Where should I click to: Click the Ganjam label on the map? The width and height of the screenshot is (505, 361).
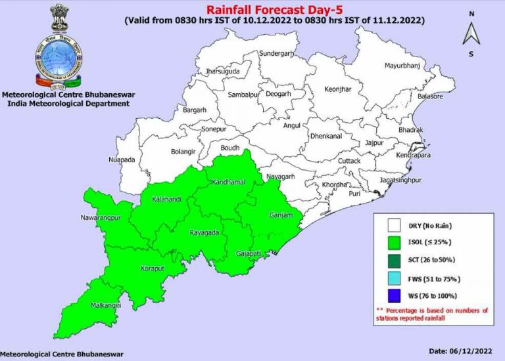[x=279, y=215]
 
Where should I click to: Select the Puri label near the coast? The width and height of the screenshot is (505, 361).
[x=354, y=194]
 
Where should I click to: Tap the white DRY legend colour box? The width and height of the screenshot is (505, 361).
[x=395, y=226]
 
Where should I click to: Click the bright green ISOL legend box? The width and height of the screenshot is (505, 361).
[x=395, y=243]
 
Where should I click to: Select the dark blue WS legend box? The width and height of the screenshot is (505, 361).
[x=395, y=295]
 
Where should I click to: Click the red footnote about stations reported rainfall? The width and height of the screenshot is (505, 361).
[x=432, y=315]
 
